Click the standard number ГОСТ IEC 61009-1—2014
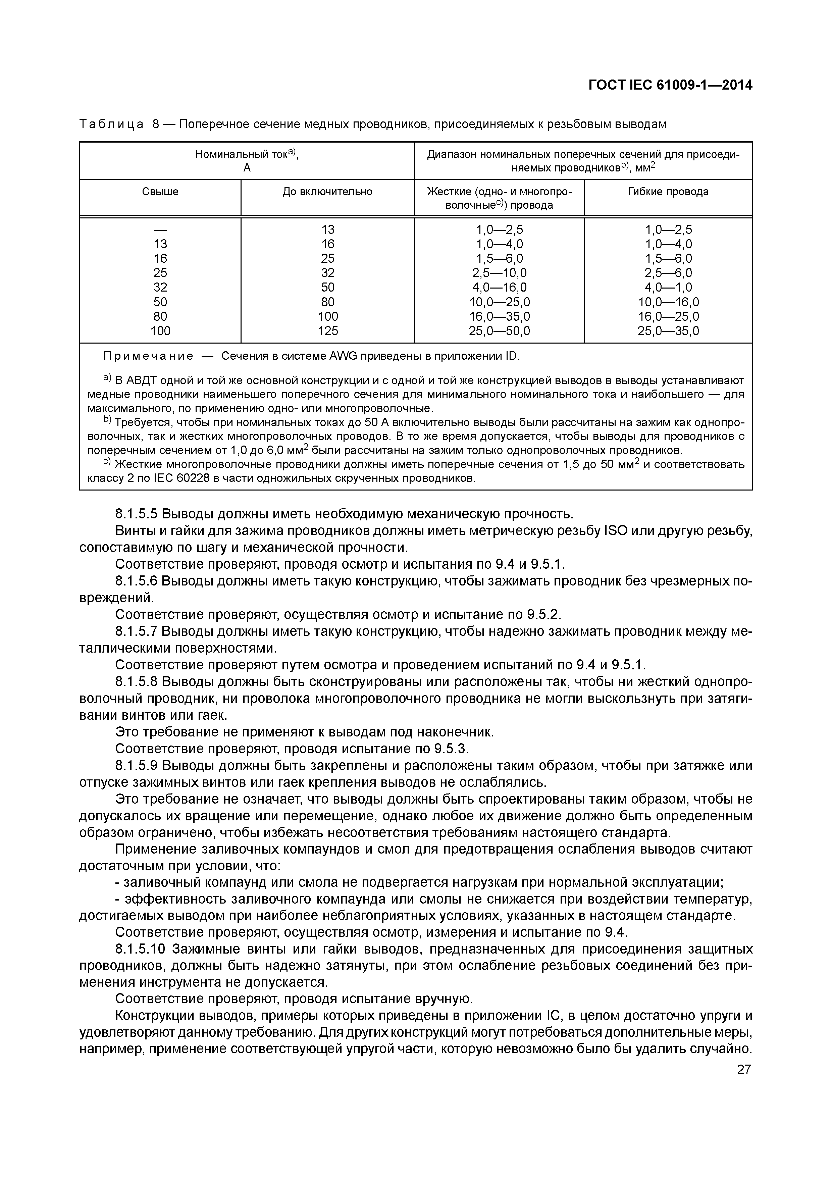tap(670, 85)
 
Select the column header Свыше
tap(160, 192)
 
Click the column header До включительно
tap(327, 192)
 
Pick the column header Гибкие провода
tap(668, 192)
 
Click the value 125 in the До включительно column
tap(327, 331)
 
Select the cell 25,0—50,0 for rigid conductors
tap(499, 331)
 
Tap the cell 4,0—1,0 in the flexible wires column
tap(668, 287)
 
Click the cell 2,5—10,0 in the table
tap(499, 273)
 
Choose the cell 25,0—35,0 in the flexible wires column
tap(668, 331)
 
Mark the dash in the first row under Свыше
tap(160, 229)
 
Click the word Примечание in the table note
tap(148, 356)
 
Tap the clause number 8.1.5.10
tap(141, 950)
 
